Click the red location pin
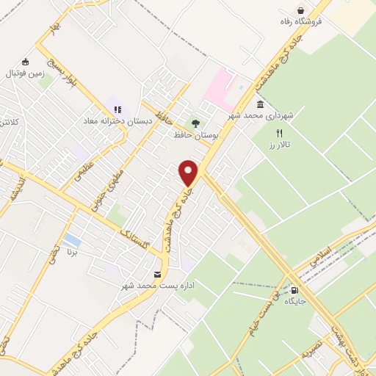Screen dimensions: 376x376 point(189,173)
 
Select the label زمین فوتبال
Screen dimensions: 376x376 point(26,73)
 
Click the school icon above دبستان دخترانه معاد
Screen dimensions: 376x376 point(117,109)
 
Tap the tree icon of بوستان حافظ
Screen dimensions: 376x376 point(195,123)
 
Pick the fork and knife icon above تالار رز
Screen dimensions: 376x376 point(279,133)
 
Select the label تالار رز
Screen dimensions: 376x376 point(279,145)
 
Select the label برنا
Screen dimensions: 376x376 point(71,252)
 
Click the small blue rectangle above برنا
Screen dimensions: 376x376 point(72,240)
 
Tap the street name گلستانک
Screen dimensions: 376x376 point(140,236)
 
